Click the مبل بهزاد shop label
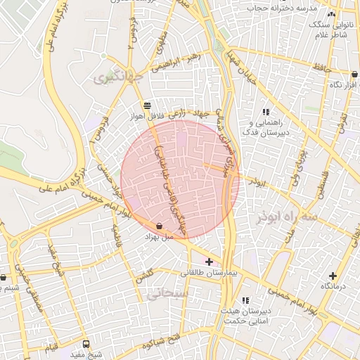pos(158,238)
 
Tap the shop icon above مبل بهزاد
pos(159,226)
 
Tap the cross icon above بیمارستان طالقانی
pos(209,262)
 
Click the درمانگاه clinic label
pos(335,287)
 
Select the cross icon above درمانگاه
pos(333,276)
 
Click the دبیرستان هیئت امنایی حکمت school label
pos(244,315)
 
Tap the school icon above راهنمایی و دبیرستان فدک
pos(266,112)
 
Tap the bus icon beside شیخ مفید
pos(86,345)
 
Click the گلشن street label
pos(144,277)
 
